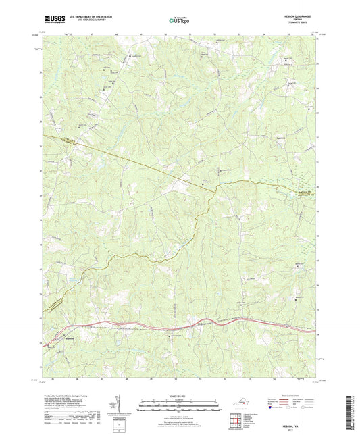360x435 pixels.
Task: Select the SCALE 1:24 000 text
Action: pos(180,395)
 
